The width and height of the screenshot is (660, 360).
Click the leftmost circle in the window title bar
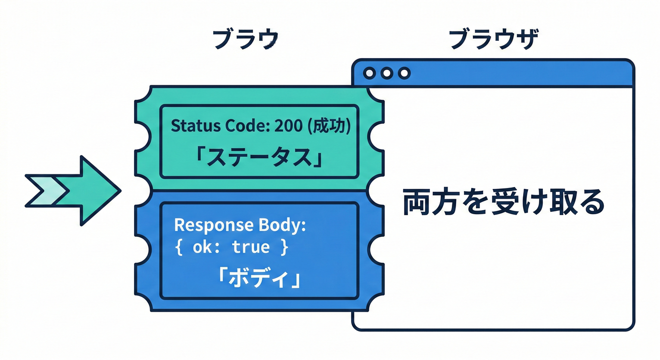click(x=369, y=73)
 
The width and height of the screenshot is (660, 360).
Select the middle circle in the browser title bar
click(x=387, y=73)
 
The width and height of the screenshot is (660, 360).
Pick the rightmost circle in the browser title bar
click(x=404, y=73)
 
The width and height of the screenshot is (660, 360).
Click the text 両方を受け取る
click(x=503, y=203)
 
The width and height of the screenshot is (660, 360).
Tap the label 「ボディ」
click(x=260, y=280)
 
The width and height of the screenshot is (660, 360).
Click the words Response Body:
click(x=240, y=225)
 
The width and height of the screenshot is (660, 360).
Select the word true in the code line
click(x=251, y=247)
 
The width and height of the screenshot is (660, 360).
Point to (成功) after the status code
click(x=331, y=126)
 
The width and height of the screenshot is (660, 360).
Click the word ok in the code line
click(x=202, y=247)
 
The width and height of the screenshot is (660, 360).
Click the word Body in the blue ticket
click(x=279, y=225)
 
